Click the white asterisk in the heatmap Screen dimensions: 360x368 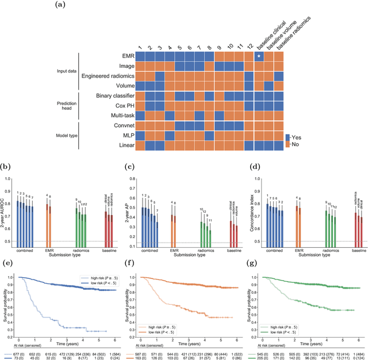pyautogui.click(x=259, y=56)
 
